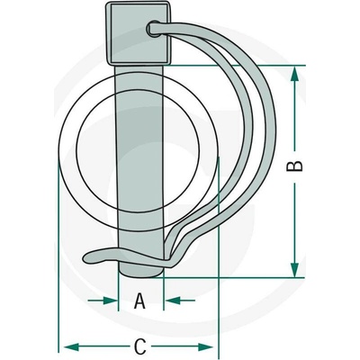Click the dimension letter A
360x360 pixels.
pos(139,301)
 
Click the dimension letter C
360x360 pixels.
pos(139,346)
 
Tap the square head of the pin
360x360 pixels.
pos(138,33)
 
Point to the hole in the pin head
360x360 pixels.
pos(153,29)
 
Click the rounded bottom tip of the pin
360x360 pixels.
pos(141,272)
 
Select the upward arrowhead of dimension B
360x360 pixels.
pos(295,74)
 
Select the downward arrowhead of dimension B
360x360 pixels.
pos(295,269)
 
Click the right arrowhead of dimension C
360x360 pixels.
pos(205,347)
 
